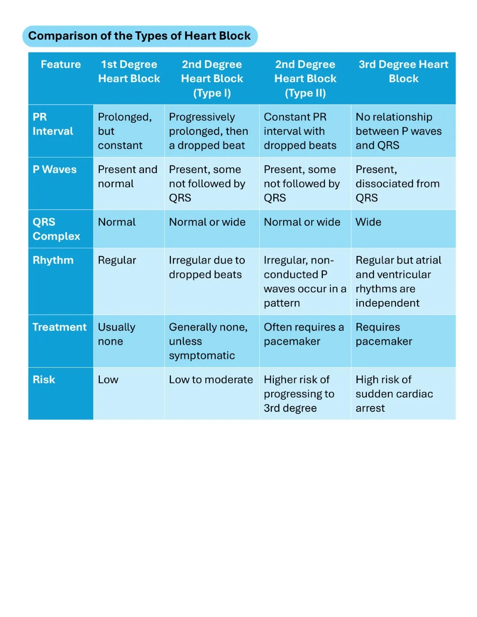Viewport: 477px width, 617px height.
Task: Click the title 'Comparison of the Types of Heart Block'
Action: point(139,36)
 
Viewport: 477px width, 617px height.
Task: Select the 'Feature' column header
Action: point(61,64)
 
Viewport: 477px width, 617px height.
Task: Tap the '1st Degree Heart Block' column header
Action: point(129,71)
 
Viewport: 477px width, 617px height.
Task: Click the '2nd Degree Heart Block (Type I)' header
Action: point(212,79)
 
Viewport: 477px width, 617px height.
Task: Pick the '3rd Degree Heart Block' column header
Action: point(403,71)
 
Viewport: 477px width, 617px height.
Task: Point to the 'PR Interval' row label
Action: point(53,124)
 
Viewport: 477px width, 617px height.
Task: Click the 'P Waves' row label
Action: point(54,169)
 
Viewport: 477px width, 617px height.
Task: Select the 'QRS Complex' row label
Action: point(56,229)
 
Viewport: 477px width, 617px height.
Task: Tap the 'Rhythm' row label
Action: point(53,260)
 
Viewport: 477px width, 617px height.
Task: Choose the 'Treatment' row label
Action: point(59,327)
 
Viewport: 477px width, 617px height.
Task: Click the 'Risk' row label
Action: point(44,380)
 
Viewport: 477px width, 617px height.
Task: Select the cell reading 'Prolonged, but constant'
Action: point(125,131)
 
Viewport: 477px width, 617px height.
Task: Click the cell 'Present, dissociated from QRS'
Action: point(397,184)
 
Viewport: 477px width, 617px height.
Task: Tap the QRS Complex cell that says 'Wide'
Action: point(368,222)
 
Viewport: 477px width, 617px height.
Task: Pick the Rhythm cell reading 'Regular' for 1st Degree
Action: point(117,260)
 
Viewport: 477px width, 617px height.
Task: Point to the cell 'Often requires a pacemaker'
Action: point(303,334)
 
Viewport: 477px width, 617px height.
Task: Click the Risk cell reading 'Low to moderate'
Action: point(211,380)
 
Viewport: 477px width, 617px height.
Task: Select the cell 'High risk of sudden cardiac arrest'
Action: point(394,394)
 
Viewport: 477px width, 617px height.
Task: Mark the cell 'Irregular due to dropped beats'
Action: point(207,267)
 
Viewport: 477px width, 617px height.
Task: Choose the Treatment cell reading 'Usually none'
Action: point(117,334)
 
